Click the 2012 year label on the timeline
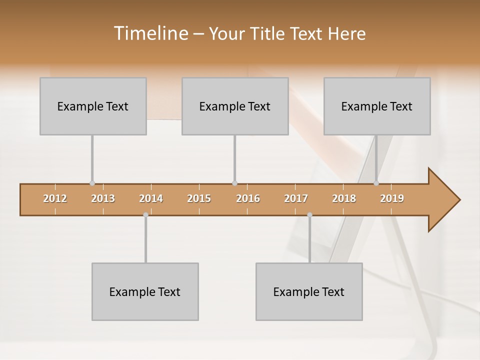tap(55, 198)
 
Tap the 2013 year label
tap(103, 198)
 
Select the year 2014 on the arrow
tap(151, 198)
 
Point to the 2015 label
tap(199, 198)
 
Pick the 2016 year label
tap(248, 198)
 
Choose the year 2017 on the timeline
tap(296, 198)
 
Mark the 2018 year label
tap(344, 198)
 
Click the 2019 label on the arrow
tap(392, 198)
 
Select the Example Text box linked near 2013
tap(93, 106)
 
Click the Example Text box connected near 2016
tap(235, 106)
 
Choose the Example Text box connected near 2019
tap(377, 106)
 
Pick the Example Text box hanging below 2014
tap(145, 291)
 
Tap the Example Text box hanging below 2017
tap(309, 291)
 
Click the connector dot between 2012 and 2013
tap(92, 183)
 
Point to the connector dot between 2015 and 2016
tap(234, 183)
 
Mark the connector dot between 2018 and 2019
tap(376, 183)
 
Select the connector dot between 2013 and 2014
tap(145, 215)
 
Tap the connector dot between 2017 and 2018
tap(309, 215)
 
